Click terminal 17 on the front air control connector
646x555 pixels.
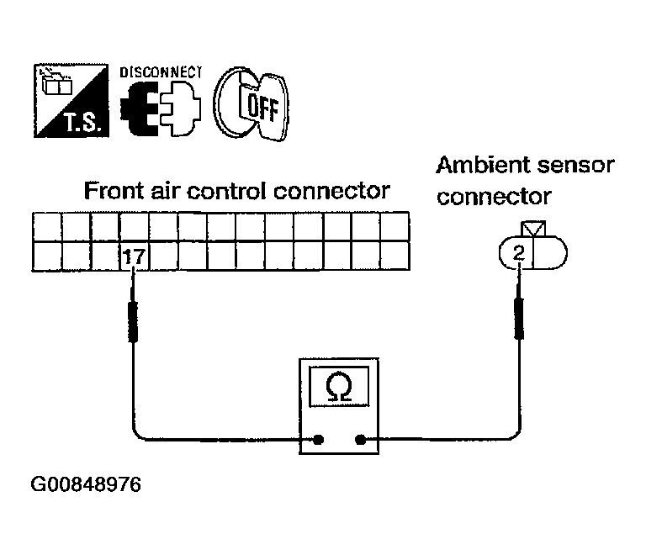[134, 256]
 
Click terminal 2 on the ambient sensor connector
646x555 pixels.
[518, 252]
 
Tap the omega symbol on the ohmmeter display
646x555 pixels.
[339, 386]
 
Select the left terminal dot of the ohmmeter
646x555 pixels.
[318, 440]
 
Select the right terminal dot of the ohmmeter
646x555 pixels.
[361, 440]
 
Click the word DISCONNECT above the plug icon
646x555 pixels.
[161, 72]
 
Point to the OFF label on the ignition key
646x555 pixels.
[262, 107]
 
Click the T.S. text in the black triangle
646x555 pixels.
[82, 122]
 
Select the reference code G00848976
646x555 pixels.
[86, 484]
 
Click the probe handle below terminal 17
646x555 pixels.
[133, 322]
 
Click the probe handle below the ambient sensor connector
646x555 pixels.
[519, 318]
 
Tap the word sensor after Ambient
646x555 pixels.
[570, 166]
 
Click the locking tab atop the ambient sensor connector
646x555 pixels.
[533, 229]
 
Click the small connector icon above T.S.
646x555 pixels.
[57, 82]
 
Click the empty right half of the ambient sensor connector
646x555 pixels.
[550, 252]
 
